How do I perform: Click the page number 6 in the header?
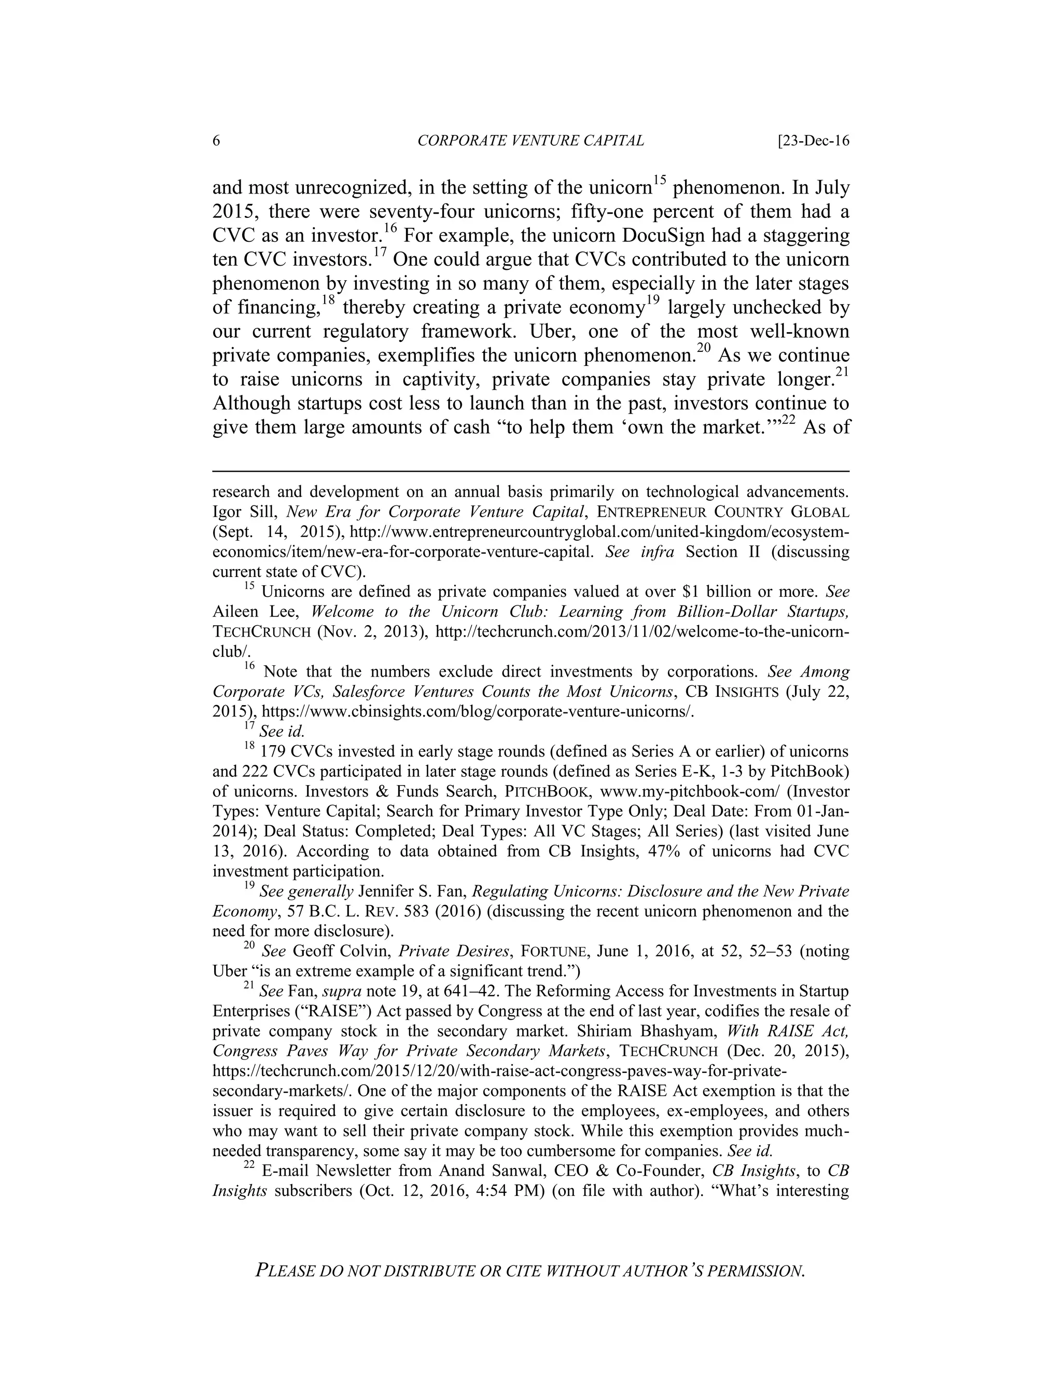[x=216, y=141]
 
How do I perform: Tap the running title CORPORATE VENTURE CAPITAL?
[x=530, y=141]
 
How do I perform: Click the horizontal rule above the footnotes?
[x=530, y=470]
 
